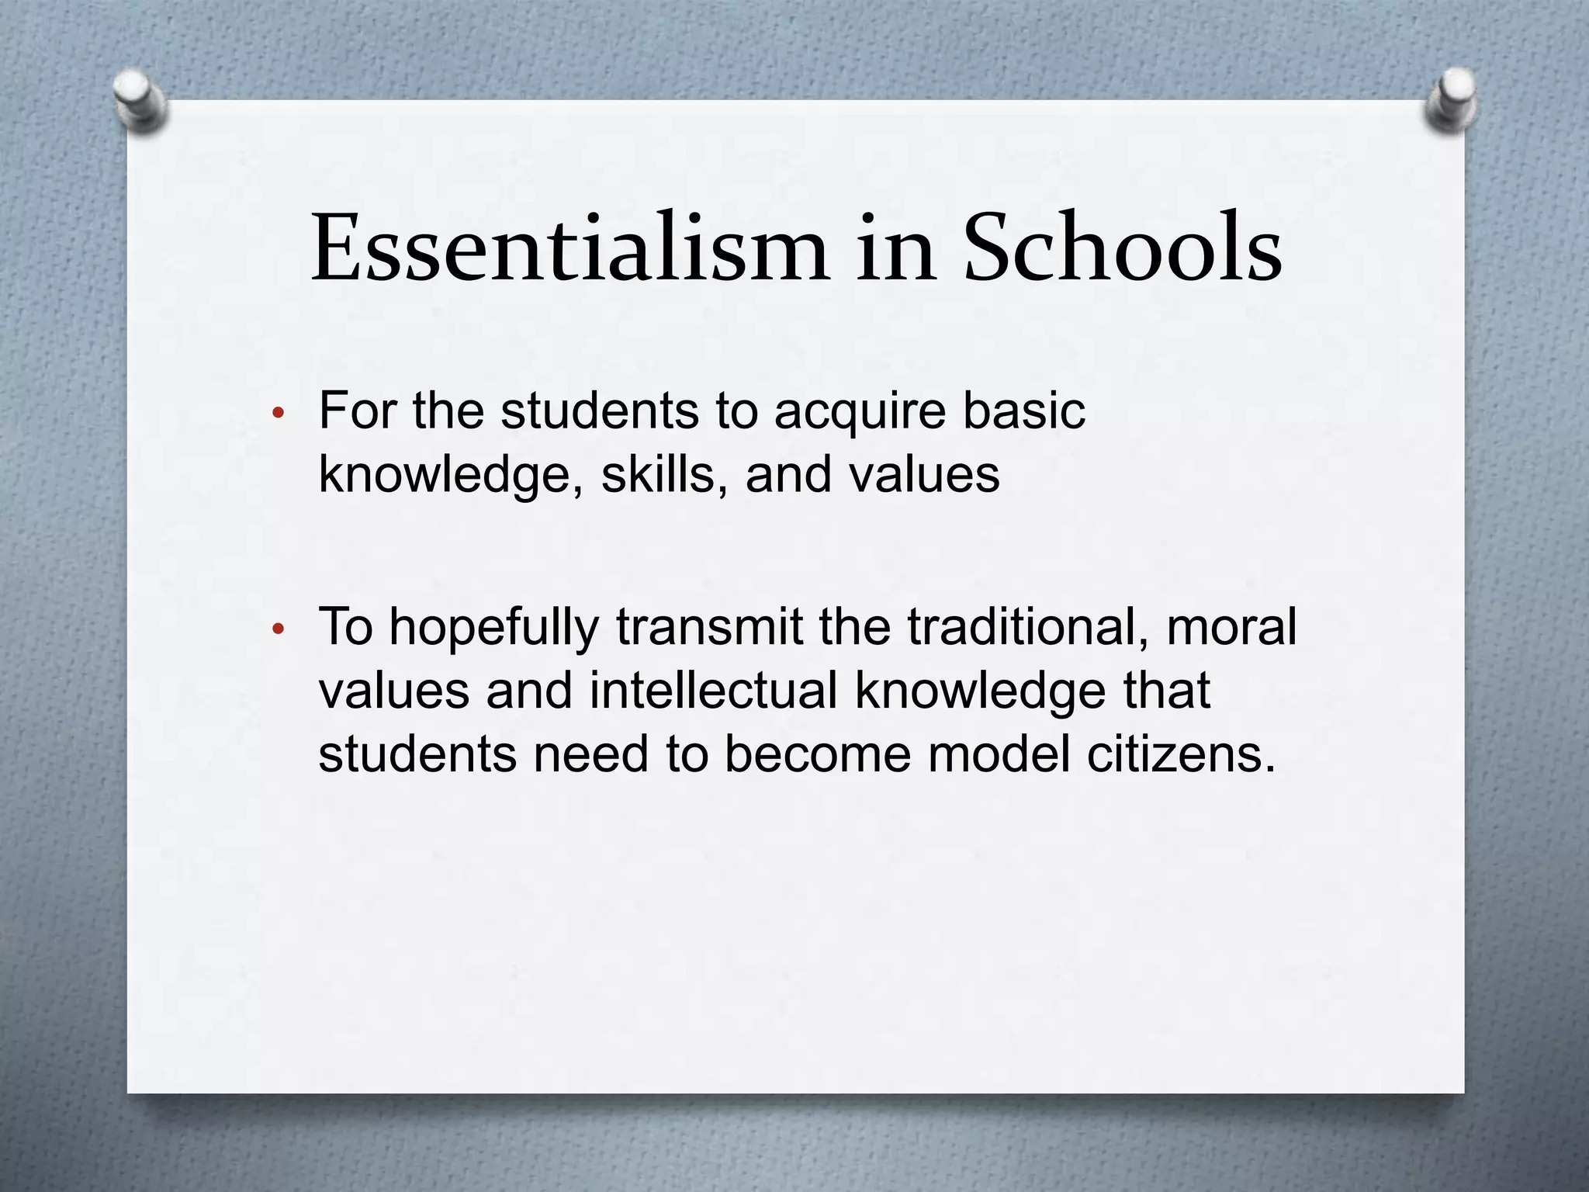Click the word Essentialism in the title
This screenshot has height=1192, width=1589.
click(570, 248)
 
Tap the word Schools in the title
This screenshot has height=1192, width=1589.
click(1122, 248)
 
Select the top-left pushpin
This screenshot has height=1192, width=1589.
click(140, 99)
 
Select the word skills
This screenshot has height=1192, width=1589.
click(664, 474)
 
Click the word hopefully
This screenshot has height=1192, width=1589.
click(493, 629)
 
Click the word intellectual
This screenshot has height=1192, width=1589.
click(713, 690)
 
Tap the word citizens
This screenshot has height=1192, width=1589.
click(1181, 754)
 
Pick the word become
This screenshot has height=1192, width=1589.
click(817, 754)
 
